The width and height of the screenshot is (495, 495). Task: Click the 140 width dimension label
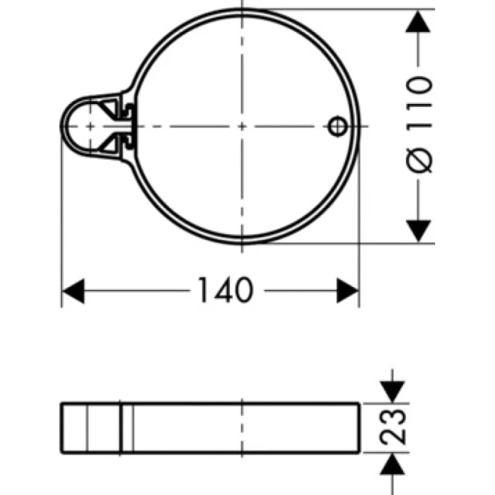[x=224, y=290]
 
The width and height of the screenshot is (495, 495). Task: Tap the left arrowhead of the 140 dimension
[x=74, y=290]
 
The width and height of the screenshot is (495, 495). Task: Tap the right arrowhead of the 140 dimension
[x=348, y=290]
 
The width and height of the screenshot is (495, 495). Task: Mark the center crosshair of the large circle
[x=243, y=125]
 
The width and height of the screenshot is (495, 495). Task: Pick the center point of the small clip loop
[x=90, y=125]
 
